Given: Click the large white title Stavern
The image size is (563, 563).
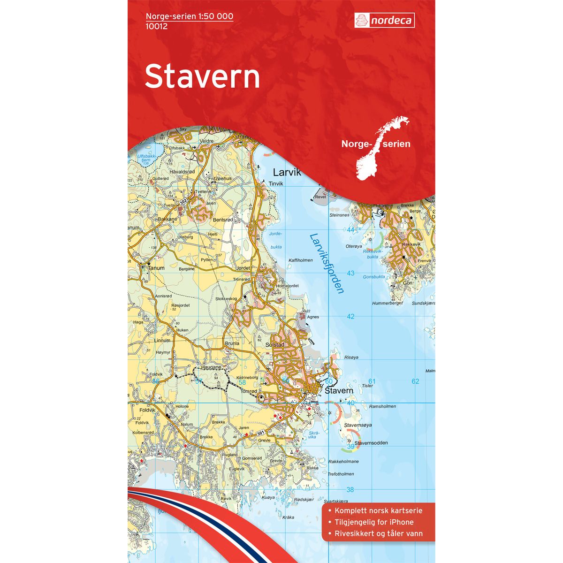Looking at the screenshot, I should point(202,77).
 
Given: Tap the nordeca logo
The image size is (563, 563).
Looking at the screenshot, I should point(384,21).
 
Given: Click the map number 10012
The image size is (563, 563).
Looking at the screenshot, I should point(157,26).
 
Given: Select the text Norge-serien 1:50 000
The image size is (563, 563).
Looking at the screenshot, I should point(190,16).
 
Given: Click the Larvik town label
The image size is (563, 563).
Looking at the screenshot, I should point(287,173).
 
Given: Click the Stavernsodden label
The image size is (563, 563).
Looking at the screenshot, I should point(371,443).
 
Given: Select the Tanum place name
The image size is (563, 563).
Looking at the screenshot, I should point(157,268).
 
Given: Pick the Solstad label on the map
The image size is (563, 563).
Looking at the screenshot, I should point(275,345).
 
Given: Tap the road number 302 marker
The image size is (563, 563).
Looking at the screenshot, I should point(183,201).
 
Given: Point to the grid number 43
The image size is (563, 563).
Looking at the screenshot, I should point(350,273).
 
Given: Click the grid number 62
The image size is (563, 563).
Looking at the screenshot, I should point(415,381).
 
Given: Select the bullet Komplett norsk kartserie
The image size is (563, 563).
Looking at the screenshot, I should point(379,510).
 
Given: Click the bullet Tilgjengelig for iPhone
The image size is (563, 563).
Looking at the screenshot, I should point(374,522).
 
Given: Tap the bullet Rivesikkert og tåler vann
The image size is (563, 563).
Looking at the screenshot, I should point(379,533).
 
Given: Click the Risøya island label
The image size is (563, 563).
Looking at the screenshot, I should point(351,358).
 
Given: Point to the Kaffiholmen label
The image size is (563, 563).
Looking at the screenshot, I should point(301,260).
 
